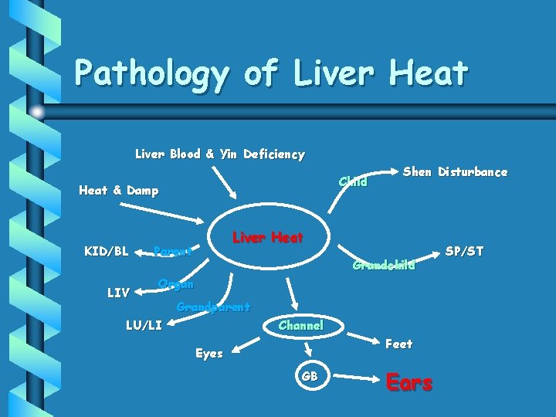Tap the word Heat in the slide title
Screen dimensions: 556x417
428,73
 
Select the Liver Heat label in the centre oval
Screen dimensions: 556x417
267,238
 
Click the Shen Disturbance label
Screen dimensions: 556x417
455,171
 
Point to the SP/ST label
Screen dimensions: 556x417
464,251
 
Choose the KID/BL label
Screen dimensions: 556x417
106,251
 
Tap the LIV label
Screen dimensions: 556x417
117,293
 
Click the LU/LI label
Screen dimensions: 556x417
144,325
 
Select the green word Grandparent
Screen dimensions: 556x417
213,307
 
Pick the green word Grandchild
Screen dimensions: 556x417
383,266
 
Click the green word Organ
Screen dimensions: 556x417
175,283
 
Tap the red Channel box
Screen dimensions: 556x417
300,326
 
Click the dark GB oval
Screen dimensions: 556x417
309,376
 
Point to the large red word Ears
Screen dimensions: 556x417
409,382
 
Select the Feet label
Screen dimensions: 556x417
398,344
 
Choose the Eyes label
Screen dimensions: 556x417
208,354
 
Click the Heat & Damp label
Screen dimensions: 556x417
119,190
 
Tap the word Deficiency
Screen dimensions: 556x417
273,154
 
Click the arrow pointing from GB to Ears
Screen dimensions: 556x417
358,378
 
